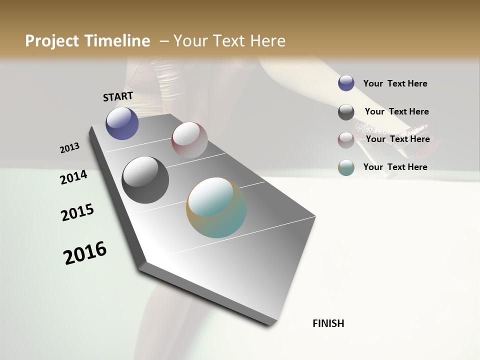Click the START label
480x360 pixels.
118,96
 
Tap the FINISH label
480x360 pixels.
328,323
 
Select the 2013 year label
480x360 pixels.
69,148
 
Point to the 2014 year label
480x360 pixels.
73,177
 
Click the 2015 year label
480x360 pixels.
77,212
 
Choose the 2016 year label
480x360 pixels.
85,253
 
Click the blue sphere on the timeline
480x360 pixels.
122,123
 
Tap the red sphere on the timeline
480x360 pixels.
189,139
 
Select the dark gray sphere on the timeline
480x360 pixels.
145,180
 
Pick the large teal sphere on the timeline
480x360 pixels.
216,207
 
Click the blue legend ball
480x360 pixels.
346,83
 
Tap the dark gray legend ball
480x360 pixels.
346,112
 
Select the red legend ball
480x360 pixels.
346,140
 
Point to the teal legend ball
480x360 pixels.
346,167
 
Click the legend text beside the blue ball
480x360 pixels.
395,83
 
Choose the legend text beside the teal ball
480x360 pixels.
395,167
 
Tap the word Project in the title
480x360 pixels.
53,41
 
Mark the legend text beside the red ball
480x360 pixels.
397,139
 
